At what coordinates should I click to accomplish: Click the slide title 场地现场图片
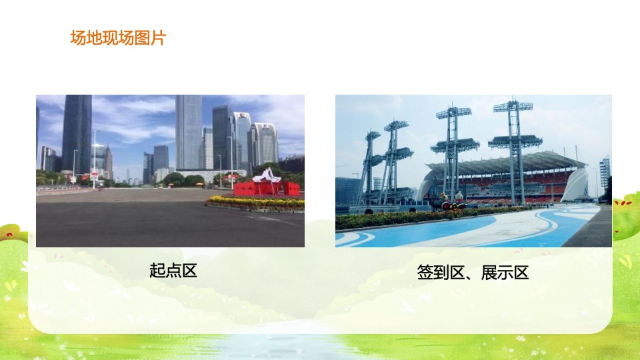click(118, 38)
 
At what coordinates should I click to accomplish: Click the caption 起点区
click(173, 271)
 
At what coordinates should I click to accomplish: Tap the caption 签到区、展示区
click(473, 272)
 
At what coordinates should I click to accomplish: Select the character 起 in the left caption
click(157, 271)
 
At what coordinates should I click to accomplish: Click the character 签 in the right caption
click(425, 272)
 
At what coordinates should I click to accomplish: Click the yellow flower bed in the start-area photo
click(253, 201)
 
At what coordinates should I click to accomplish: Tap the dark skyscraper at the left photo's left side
click(77, 133)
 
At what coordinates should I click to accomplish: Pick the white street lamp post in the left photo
click(95, 157)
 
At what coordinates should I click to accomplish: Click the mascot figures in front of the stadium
click(451, 202)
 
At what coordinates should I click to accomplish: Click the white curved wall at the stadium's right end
click(575, 186)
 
